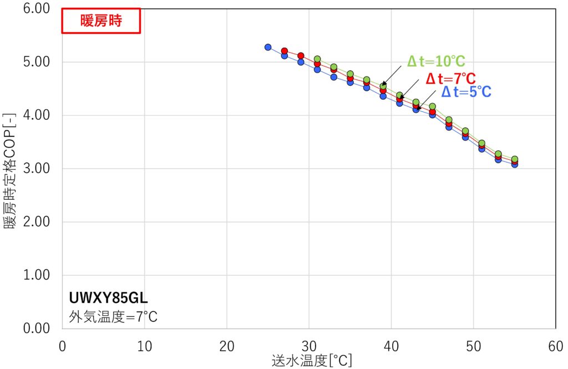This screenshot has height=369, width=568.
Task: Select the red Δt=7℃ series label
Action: click(450, 78)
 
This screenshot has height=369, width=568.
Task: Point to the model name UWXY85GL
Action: click(108, 298)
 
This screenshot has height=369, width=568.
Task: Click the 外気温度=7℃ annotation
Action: click(113, 317)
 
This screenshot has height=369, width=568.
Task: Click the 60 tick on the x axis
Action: click(555, 345)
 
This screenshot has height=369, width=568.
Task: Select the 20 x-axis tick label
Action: click(226, 345)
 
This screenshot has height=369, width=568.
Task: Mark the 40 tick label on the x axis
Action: click(391, 345)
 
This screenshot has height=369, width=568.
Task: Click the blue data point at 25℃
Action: click(268, 47)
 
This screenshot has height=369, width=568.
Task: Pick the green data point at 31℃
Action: click(317, 59)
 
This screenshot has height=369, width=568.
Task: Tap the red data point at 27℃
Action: click(285, 51)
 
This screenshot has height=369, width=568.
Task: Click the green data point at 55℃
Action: click(515, 159)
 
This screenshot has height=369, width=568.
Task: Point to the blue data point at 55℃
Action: click(515, 164)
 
